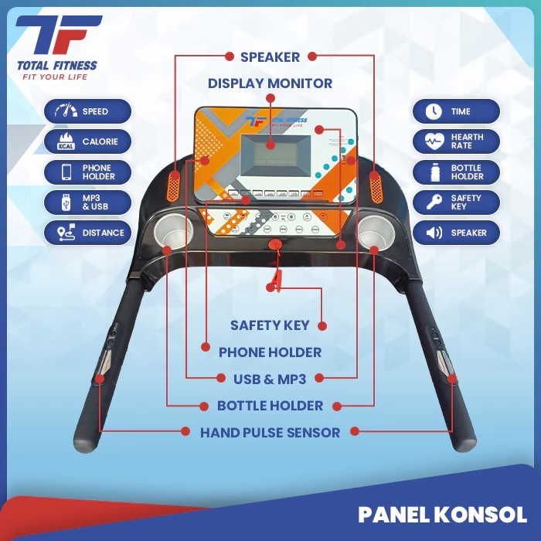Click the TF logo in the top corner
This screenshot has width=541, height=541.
pyautogui.click(x=59, y=36)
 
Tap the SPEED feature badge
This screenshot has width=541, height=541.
pyautogui.click(x=87, y=111)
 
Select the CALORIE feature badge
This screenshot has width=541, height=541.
pyautogui.click(x=87, y=141)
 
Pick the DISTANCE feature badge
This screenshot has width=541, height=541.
pyautogui.click(x=87, y=233)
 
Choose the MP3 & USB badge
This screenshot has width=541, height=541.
pyautogui.click(x=87, y=202)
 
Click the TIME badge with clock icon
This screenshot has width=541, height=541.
pyautogui.click(x=456, y=111)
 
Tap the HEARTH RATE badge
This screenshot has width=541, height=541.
pyautogui.click(x=456, y=141)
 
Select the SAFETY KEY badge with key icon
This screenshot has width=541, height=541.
pyautogui.click(x=456, y=202)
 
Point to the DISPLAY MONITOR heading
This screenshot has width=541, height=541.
pyautogui.click(x=270, y=83)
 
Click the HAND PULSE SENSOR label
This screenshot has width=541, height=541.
pyautogui.click(x=270, y=432)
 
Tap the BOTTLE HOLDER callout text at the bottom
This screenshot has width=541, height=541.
pyautogui.click(x=270, y=406)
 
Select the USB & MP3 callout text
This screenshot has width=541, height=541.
pyautogui.click(x=270, y=379)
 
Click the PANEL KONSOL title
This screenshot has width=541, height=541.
pyautogui.click(x=442, y=515)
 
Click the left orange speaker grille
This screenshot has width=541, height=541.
pyautogui.click(x=175, y=185)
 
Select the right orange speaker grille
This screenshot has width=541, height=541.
pyautogui.click(x=376, y=185)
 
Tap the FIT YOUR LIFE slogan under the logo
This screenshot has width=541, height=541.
pyautogui.click(x=52, y=77)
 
